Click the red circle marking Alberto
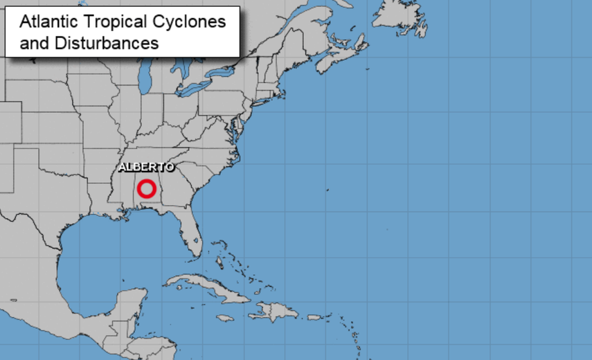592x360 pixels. click(146, 188)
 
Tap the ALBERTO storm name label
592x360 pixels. click(145, 168)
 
